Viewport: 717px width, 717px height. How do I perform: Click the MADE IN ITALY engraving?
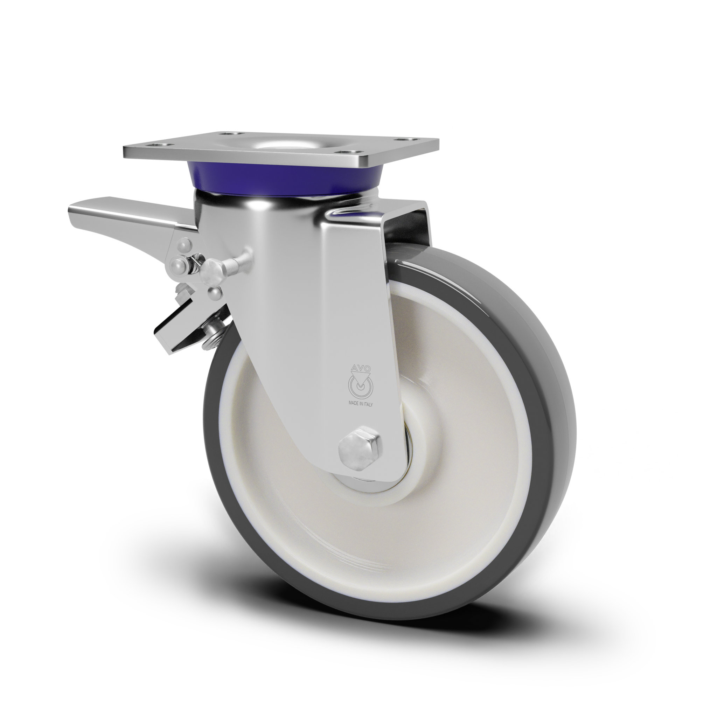tap(360, 404)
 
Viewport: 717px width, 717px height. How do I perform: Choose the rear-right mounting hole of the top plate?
tap(401, 139)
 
